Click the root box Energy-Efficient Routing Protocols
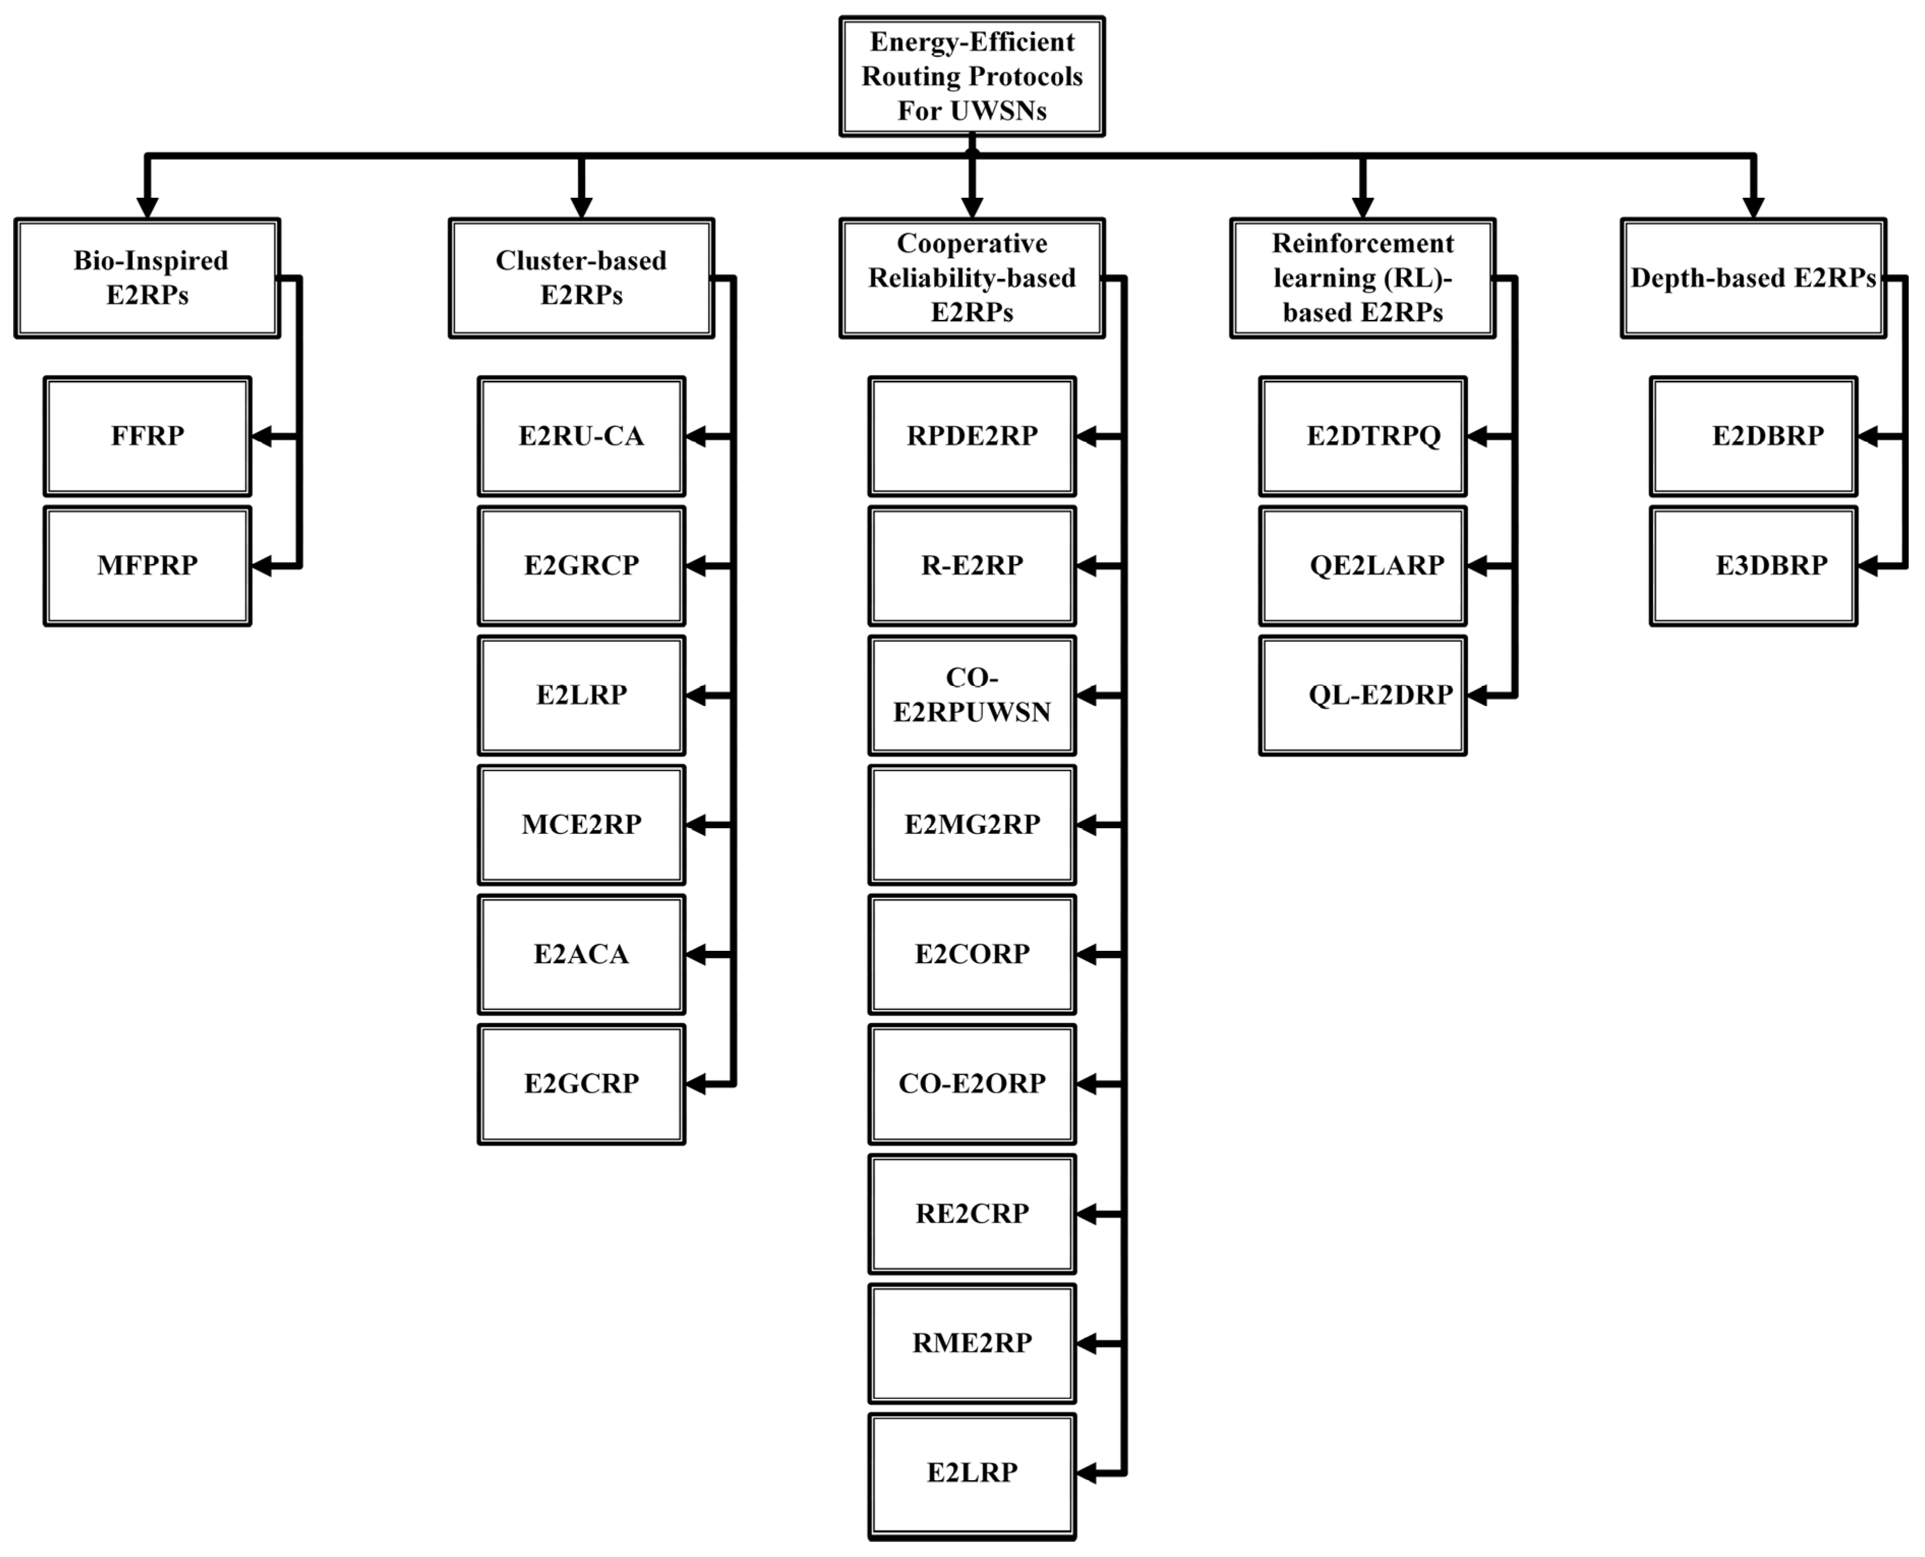[971, 76]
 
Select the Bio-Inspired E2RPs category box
[147, 278]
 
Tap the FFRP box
[147, 436]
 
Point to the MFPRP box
[147, 566]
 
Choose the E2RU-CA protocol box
[581, 436]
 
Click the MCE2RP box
[581, 824]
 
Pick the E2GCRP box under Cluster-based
[581, 1084]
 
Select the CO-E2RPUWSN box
[971, 695]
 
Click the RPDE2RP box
[971, 436]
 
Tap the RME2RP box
[971, 1342]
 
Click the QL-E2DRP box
[1363, 695]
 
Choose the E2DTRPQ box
[1363, 436]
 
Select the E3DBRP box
[1753, 566]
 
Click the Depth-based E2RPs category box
[1753, 278]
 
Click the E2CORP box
[971, 954]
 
